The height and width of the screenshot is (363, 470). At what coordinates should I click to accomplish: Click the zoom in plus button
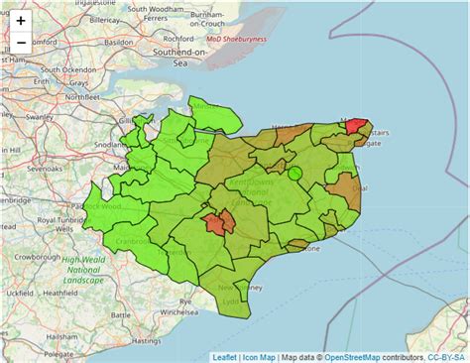click(x=21, y=20)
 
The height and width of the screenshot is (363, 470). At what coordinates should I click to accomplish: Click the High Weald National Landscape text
click(x=83, y=271)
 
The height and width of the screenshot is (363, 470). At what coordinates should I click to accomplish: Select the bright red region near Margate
click(x=355, y=130)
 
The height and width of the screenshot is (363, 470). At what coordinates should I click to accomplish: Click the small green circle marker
click(x=294, y=175)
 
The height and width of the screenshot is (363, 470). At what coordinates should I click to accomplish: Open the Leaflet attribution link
click(x=227, y=356)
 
